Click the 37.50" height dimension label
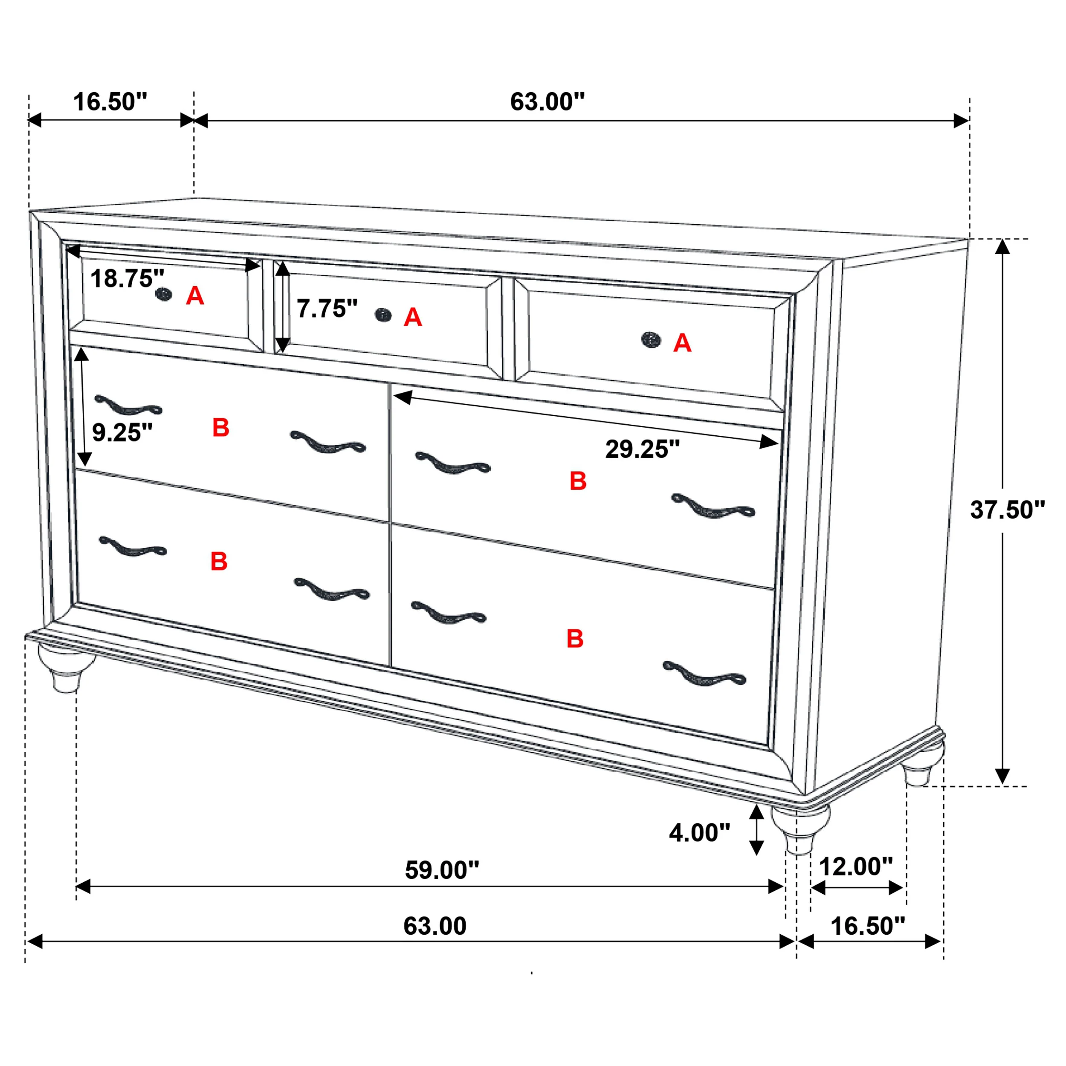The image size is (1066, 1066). [1007, 510]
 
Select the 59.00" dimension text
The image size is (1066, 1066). [442, 870]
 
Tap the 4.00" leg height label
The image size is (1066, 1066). [699, 833]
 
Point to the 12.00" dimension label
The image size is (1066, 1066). [856, 867]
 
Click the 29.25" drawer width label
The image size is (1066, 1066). [642, 449]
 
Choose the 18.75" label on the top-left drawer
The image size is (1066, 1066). [127, 278]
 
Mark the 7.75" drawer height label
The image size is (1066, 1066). [327, 309]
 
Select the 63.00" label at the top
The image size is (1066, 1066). [547, 102]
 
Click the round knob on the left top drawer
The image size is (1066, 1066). [163, 294]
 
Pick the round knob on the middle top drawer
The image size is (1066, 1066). [383, 315]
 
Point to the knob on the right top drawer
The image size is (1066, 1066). [651, 339]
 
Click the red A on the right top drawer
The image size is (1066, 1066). [682, 344]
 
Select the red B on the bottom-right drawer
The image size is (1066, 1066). [575, 639]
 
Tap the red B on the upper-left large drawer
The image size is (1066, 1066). [221, 428]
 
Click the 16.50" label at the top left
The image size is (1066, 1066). [110, 102]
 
